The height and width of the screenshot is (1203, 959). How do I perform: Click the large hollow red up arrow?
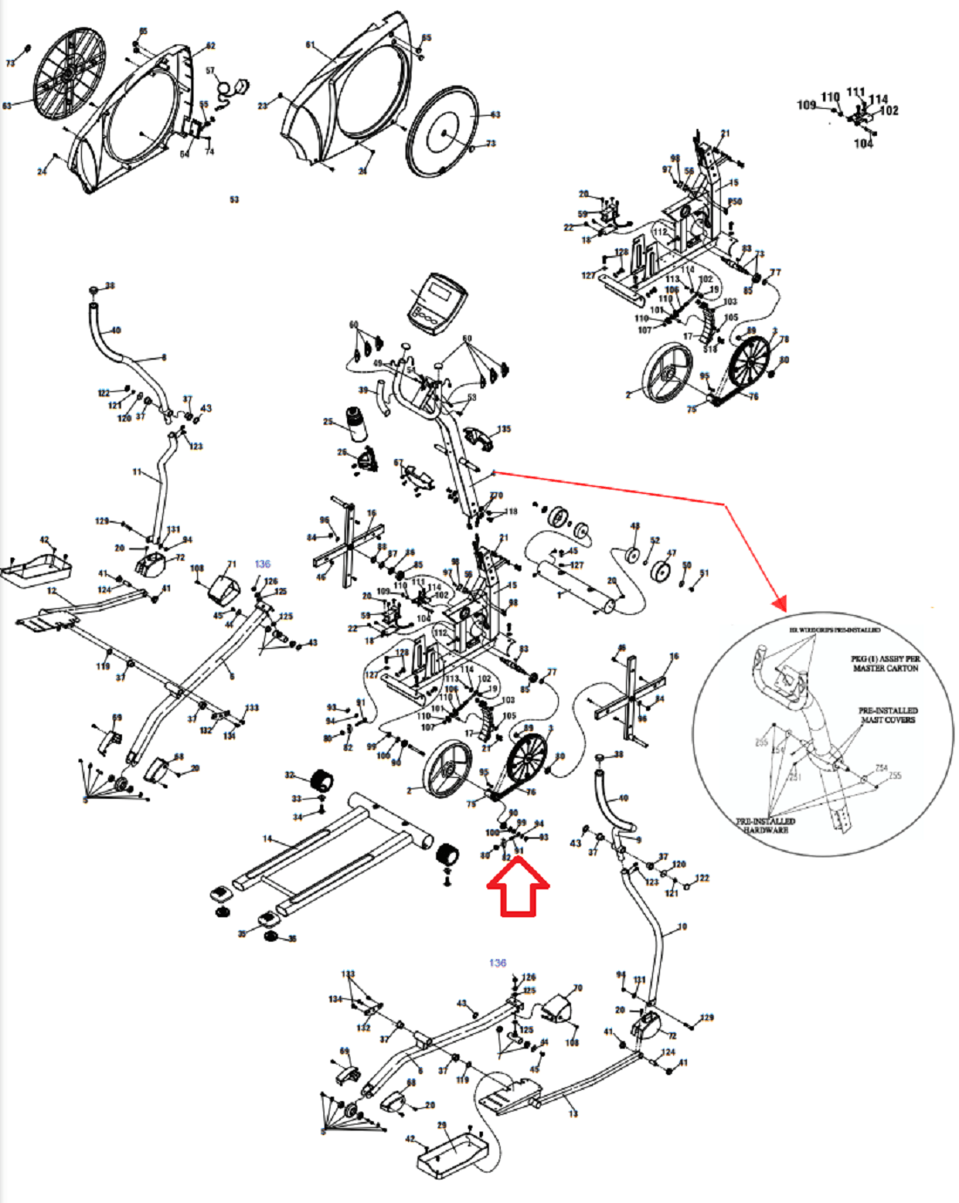517,888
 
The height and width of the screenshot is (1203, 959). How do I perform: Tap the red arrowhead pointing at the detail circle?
779,601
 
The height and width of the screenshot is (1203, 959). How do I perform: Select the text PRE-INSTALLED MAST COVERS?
888,715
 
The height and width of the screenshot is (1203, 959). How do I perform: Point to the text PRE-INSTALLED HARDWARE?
765,825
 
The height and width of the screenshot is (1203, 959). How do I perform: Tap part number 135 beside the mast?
504,429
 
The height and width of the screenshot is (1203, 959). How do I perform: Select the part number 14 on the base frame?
268,840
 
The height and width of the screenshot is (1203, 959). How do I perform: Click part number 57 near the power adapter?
210,71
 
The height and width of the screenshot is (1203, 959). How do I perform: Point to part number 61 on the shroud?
310,45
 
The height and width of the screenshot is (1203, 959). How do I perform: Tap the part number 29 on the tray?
441,1125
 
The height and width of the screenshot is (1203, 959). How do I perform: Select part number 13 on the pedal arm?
572,1113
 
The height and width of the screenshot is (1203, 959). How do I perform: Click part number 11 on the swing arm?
137,472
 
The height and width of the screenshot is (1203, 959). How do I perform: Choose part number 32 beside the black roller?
290,774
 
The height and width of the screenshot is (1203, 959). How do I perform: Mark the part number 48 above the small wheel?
635,526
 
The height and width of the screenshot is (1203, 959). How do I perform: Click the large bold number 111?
855,92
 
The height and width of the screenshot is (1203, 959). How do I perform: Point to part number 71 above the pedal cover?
232,564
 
